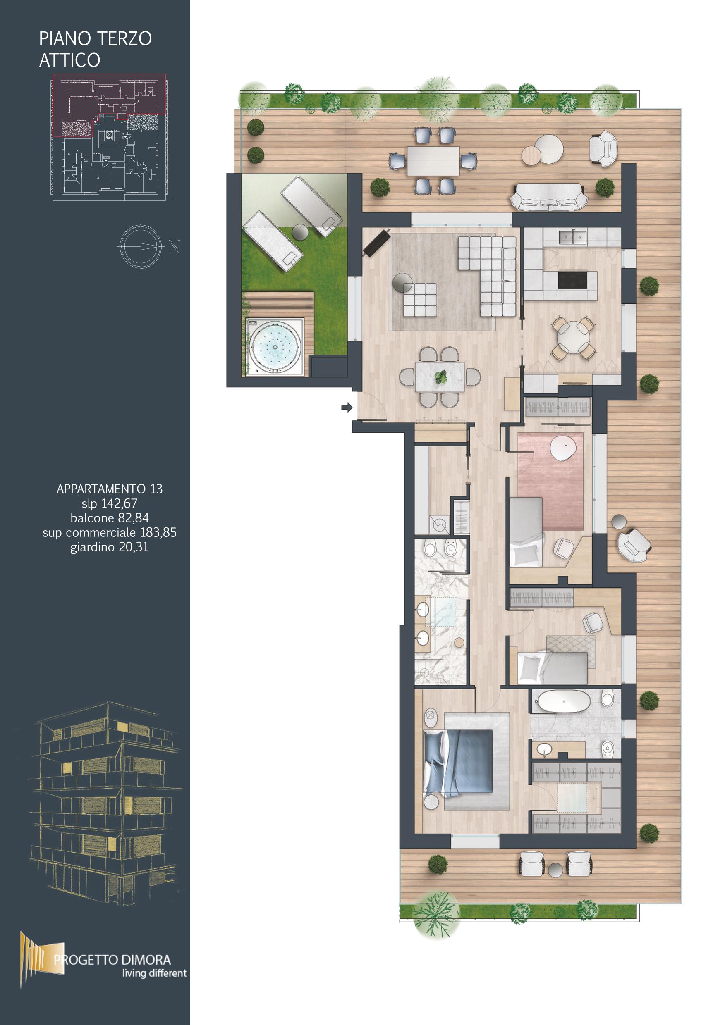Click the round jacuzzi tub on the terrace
click(275, 346)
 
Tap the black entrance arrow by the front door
click(347, 407)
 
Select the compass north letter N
click(175, 246)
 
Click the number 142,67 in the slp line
click(119, 503)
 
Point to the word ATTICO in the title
click(69, 60)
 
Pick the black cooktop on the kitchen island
click(573, 280)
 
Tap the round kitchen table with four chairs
click(573, 337)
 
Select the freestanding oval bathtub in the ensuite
click(563, 702)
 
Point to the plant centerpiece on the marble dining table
click(441, 378)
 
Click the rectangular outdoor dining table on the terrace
click(433, 161)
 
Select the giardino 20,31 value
click(110, 547)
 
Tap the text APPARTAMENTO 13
click(110, 489)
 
